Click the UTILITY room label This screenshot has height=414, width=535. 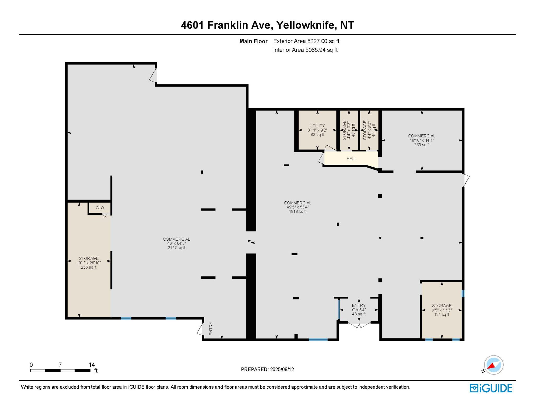317,126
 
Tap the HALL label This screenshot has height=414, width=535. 351,158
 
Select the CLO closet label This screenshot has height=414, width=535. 100,208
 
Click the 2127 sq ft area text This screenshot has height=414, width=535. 177,248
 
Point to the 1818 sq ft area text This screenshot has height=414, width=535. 298,211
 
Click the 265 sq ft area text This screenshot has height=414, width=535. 422,145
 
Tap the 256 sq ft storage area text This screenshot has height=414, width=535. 89,267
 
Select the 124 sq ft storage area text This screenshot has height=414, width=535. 442,315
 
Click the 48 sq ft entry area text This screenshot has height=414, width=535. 359,314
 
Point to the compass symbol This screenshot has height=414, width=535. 493,365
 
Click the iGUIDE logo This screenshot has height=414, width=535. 491,388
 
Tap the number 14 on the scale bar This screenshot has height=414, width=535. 92,365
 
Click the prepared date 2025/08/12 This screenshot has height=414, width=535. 282,369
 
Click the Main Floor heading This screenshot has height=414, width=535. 253,41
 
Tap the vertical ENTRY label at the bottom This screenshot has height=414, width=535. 211,328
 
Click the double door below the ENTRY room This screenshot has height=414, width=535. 359,325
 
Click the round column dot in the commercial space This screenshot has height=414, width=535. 380,238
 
